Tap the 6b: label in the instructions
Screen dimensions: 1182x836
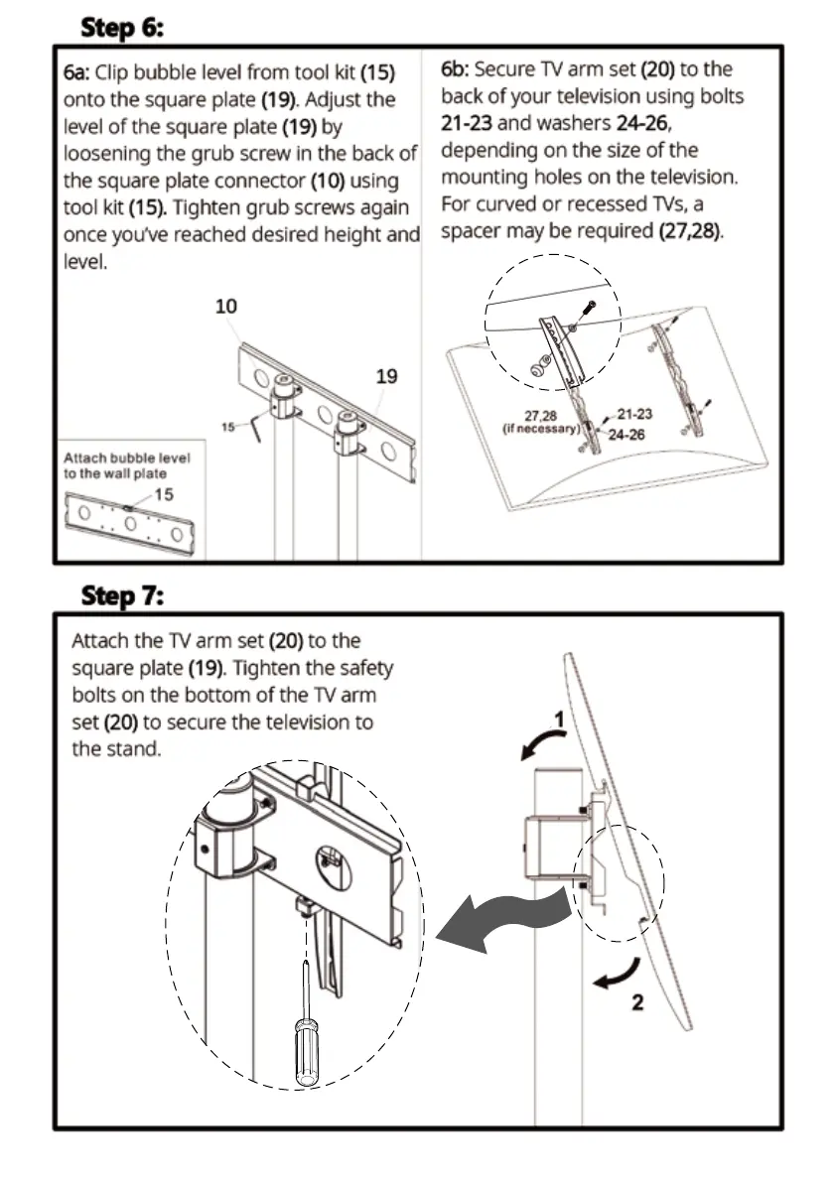[x=456, y=69]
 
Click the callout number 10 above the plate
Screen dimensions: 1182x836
[x=226, y=306]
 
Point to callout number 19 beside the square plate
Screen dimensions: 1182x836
[x=386, y=376]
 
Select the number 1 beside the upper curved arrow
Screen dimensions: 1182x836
[x=560, y=719]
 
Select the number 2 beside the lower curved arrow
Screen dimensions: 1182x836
[x=637, y=1001]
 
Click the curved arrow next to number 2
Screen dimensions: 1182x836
[x=614, y=976]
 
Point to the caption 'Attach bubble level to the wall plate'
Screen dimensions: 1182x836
[x=126, y=465]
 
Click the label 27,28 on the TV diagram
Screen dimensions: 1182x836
[x=541, y=416]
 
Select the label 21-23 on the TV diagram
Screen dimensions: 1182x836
[x=634, y=414]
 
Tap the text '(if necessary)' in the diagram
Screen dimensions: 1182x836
[x=541, y=429]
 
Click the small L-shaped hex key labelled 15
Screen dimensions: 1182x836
[x=256, y=432]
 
